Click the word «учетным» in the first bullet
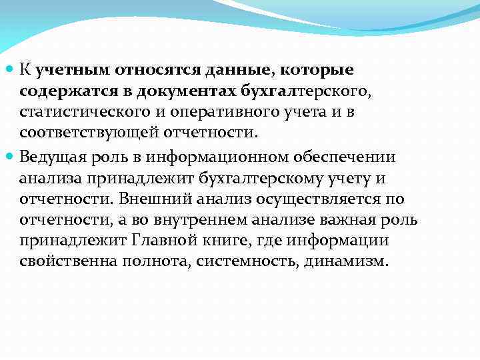[x=73, y=69]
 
